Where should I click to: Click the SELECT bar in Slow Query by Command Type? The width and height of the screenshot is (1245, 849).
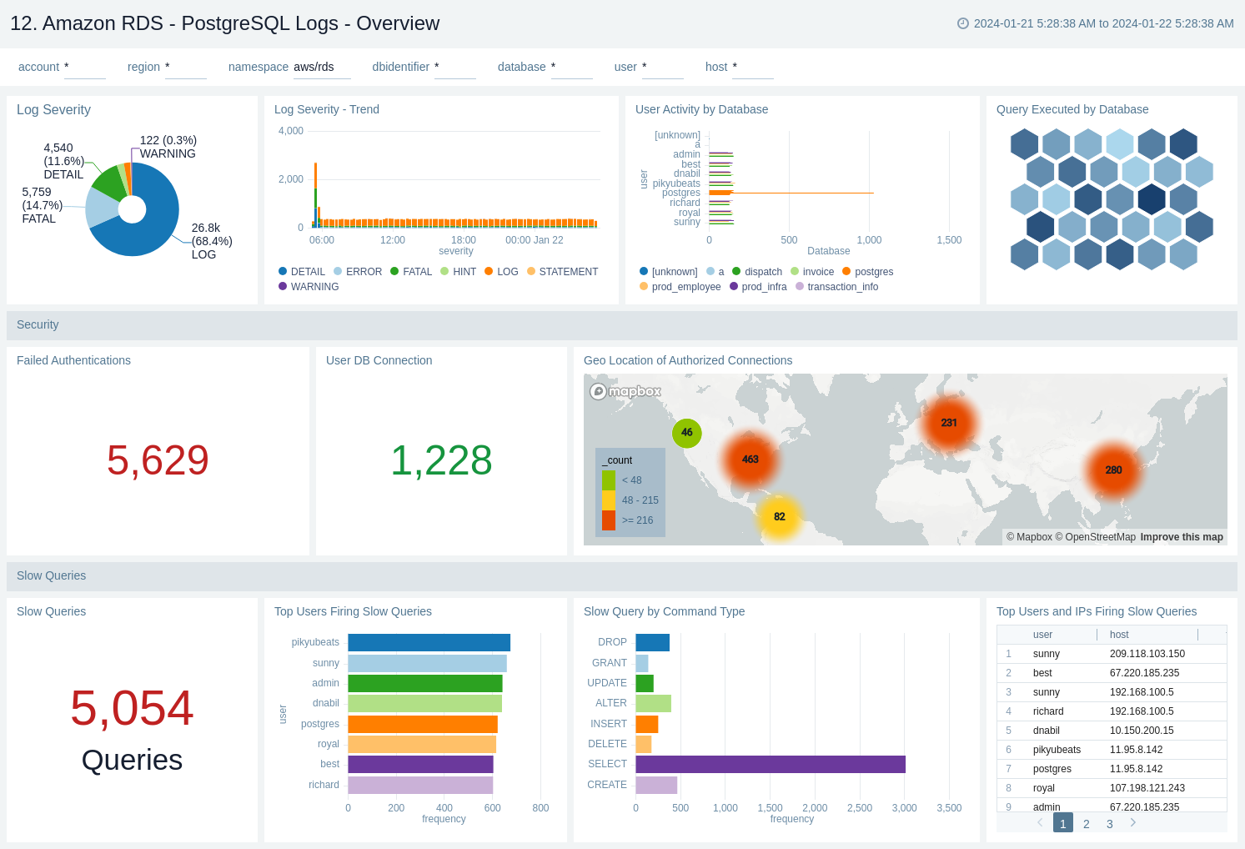pyautogui.click(x=770, y=764)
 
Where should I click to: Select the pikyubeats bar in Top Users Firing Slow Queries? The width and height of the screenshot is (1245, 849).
pyautogui.click(x=429, y=642)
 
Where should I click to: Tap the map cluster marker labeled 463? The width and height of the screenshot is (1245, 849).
pyautogui.click(x=750, y=460)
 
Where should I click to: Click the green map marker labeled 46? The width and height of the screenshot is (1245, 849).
pyautogui.click(x=686, y=432)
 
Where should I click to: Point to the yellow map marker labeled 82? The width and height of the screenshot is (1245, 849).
pyautogui.click(x=779, y=516)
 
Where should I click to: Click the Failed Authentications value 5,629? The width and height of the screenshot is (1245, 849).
pyautogui.click(x=158, y=460)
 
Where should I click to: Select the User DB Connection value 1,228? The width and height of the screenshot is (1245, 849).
pyautogui.click(x=441, y=460)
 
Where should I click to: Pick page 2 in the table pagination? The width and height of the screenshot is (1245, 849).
pyautogui.click(x=1086, y=824)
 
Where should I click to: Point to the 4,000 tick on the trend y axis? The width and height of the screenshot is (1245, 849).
pyautogui.click(x=291, y=131)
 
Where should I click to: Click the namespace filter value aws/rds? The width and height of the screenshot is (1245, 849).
pyautogui.click(x=314, y=67)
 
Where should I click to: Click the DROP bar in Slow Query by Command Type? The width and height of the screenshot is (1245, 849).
pyautogui.click(x=652, y=642)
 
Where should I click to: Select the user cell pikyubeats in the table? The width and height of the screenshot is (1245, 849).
pyautogui.click(x=1057, y=750)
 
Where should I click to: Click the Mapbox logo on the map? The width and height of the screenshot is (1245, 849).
pyautogui.click(x=625, y=391)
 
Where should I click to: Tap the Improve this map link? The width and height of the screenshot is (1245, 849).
pyautogui.click(x=1181, y=537)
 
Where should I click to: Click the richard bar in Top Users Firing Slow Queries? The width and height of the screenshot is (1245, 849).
pyautogui.click(x=420, y=785)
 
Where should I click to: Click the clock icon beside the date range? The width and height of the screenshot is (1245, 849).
pyautogui.click(x=962, y=23)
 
